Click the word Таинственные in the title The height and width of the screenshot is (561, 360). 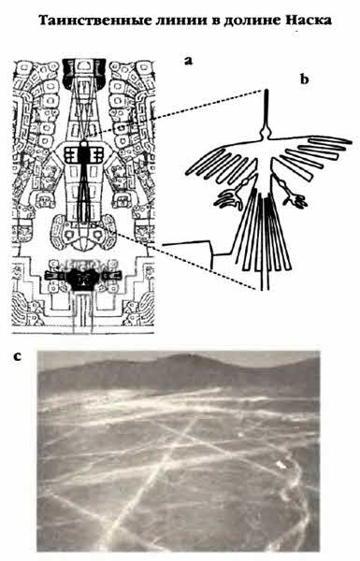pos(91,21)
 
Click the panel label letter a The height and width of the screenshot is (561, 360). pos(188,61)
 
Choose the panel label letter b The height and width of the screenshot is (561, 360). pos(304,79)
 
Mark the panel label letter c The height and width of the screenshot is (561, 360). pos(17,357)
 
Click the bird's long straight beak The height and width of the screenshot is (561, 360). pos(266,109)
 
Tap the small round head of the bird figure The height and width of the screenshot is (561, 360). pos(266,134)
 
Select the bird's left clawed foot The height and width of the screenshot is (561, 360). pos(228,197)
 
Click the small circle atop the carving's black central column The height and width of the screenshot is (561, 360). pos(83,143)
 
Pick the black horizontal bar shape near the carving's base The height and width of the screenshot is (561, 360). pos(83,276)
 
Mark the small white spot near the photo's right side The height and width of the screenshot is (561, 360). pos(280,464)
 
